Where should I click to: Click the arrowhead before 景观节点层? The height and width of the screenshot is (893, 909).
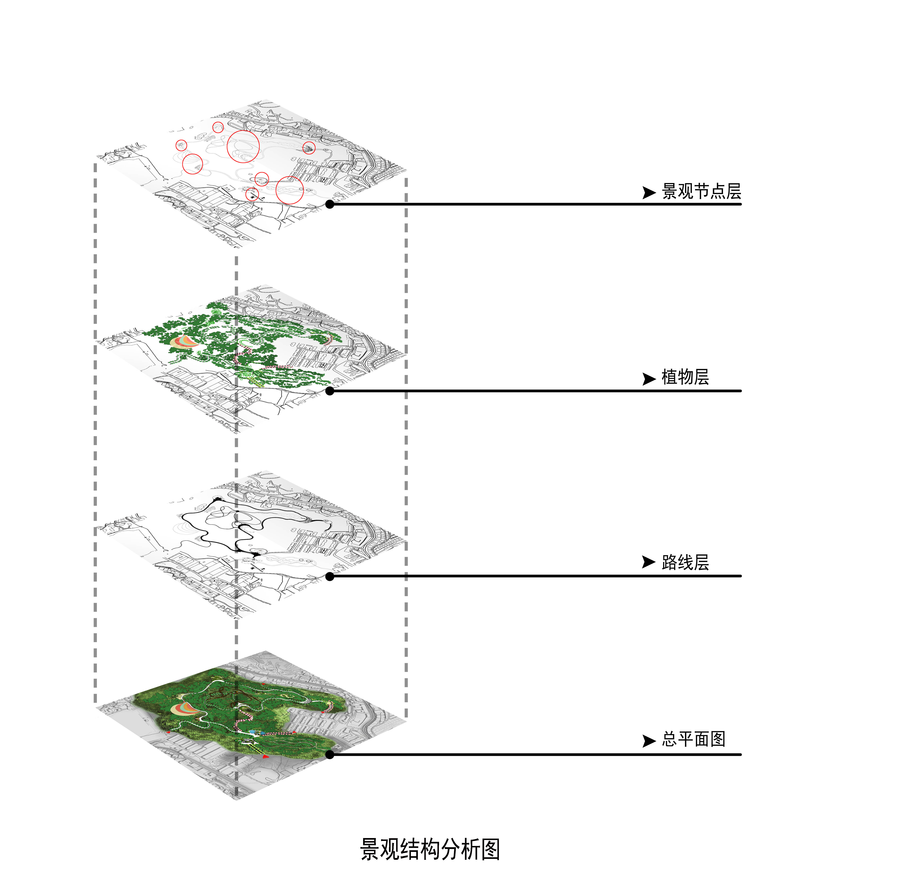point(649,192)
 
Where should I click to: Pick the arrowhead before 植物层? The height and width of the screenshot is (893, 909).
point(649,379)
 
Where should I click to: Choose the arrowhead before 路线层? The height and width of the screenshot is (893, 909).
point(649,562)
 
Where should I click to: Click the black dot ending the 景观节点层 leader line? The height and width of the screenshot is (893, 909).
point(330,204)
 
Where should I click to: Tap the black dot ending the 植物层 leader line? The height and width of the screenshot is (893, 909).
point(330,391)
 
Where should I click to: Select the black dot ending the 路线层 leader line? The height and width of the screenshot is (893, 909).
point(330,576)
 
